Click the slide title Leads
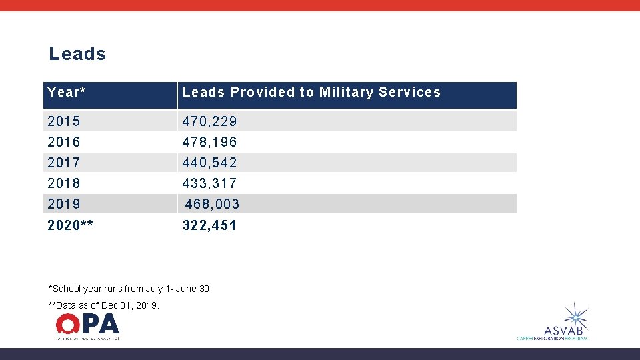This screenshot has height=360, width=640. (x=77, y=54)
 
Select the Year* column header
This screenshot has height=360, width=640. (x=67, y=93)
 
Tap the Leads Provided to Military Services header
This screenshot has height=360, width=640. (x=311, y=93)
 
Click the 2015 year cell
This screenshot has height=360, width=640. (x=64, y=121)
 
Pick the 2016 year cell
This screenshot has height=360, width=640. (x=64, y=142)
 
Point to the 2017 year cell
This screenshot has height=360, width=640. (x=64, y=163)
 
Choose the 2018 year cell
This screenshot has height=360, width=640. (x=64, y=183)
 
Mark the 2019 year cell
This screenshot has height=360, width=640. (x=64, y=204)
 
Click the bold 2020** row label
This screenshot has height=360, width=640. (x=71, y=225)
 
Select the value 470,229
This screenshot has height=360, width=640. (x=210, y=121)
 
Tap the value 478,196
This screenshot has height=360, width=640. (x=210, y=142)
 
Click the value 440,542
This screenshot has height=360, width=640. (x=210, y=163)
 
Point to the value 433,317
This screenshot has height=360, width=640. (x=210, y=183)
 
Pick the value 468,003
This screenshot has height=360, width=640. (x=212, y=204)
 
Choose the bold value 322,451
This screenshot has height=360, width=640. (x=210, y=225)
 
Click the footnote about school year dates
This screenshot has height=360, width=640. (x=130, y=289)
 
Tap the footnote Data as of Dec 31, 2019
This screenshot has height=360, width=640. (x=104, y=305)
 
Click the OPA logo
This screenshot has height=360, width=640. (x=87, y=326)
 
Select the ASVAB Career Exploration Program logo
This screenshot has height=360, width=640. (x=553, y=323)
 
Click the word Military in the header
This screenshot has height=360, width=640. (x=346, y=93)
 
